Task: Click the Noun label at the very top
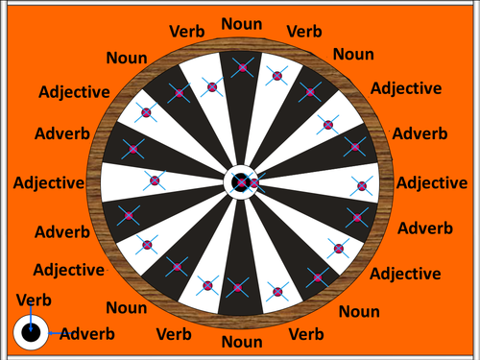tap(240, 23)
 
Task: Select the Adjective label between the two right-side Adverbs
tap(432, 183)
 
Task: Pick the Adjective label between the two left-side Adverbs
tap(46, 180)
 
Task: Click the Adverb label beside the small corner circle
tap(86, 334)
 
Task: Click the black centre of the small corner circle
tap(31, 334)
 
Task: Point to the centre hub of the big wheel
tap(240, 180)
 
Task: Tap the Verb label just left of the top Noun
tap(186, 32)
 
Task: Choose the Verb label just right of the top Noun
tap(305, 32)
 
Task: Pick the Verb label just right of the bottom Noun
tap(306, 334)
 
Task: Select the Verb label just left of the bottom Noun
tap(173, 334)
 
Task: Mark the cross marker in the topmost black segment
tap(241, 68)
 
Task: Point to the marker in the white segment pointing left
tap(154, 180)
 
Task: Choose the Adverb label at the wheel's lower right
tap(425, 228)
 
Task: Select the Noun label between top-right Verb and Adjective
tap(353, 55)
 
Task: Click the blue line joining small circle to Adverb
tap(52, 334)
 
